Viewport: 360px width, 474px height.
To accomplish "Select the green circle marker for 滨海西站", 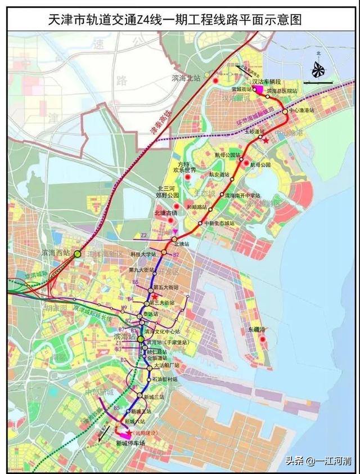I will pos(78,254).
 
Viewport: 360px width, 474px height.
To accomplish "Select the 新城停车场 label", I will pos(131,444).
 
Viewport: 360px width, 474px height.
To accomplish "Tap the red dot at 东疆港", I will pos(262,339).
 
